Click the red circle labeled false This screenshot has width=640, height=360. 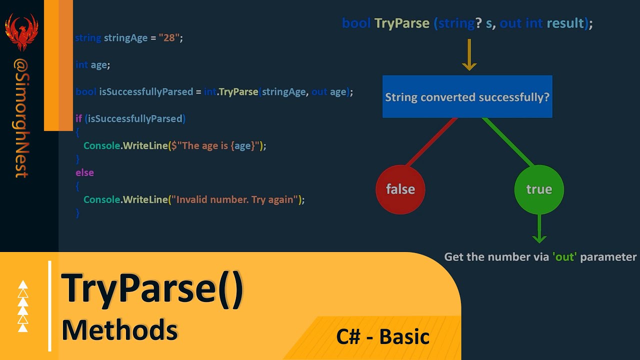(x=400, y=189)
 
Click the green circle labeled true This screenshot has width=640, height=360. (x=538, y=189)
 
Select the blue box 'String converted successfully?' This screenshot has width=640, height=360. (x=467, y=97)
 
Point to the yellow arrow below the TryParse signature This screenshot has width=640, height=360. (x=469, y=55)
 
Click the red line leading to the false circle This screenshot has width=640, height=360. (x=431, y=142)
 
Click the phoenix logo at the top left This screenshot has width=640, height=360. (x=21, y=31)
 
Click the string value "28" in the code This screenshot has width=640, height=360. (x=169, y=38)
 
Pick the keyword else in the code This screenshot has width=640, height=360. (x=84, y=172)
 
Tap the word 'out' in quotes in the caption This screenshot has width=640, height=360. (x=564, y=257)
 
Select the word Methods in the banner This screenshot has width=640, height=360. (x=119, y=330)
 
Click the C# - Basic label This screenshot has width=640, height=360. (x=382, y=336)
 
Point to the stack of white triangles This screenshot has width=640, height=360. (x=23, y=306)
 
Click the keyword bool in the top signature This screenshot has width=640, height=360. (x=356, y=23)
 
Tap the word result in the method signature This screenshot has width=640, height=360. (x=565, y=23)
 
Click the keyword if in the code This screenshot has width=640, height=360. (x=78, y=118)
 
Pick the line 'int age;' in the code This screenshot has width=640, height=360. (x=92, y=65)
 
